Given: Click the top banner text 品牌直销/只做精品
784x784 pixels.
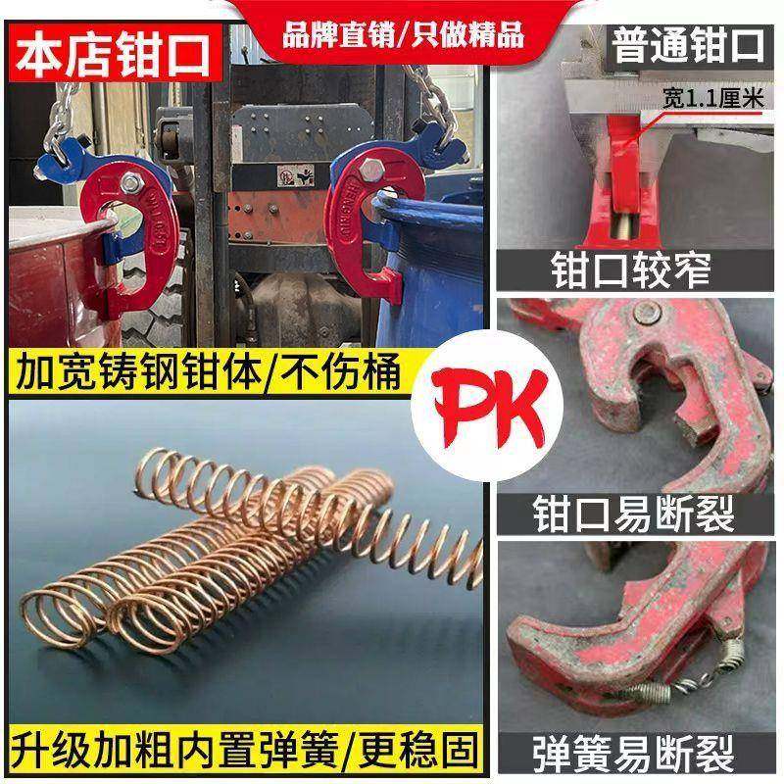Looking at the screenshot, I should [403, 34].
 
